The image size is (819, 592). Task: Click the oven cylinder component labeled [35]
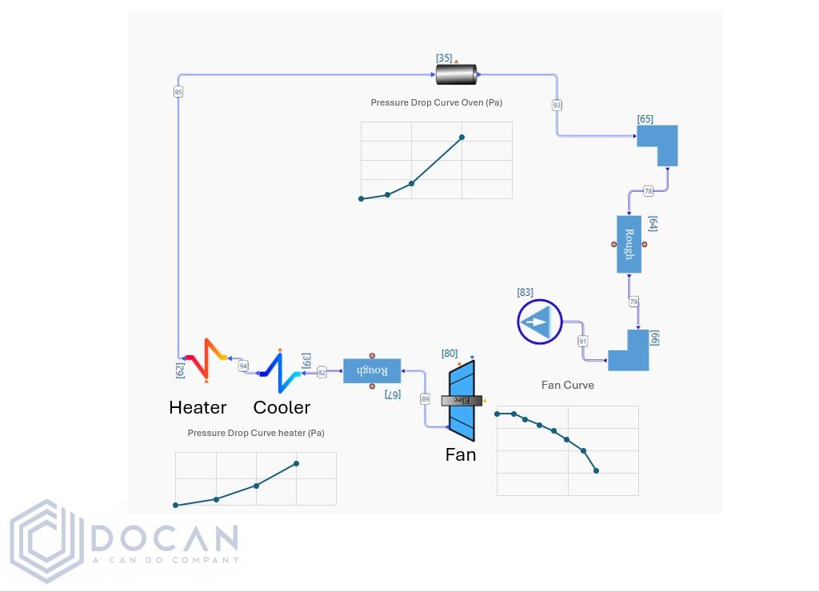click(x=456, y=74)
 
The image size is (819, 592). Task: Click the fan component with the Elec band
click(x=461, y=400)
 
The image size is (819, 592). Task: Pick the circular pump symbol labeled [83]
click(x=540, y=322)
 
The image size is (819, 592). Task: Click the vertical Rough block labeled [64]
click(x=629, y=244)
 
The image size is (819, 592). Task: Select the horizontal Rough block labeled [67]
click(x=372, y=370)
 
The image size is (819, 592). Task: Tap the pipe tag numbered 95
click(x=178, y=92)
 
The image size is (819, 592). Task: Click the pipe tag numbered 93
click(x=557, y=105)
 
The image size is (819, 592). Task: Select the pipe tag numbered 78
click(x=648, y=191)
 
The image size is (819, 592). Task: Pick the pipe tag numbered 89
click(x=425, y=398)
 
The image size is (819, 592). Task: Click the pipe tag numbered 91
click(x=582, y=342)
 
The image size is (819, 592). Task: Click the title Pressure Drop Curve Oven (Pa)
click(x=436, y=102)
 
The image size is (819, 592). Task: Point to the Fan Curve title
click(x=567, y=385)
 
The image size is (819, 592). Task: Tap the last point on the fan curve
click(x=596, y=470)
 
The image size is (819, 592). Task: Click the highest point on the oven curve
click(x=461, y=137)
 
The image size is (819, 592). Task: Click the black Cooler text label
click(x=282, y=407)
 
